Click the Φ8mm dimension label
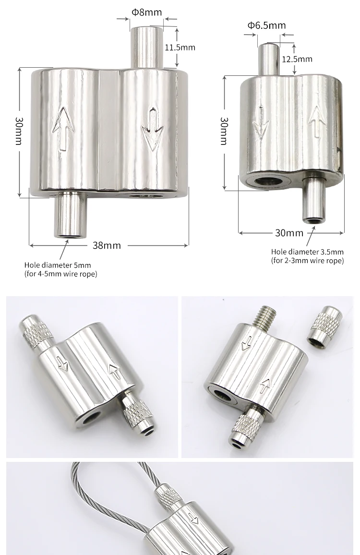(x=146, y=12)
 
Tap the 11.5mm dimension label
(x=180, y=48)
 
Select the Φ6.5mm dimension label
(x=266, y=25)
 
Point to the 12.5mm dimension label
(x=297, y=59)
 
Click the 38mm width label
(x=107, y=245)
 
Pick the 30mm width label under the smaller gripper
(x=289, y=233)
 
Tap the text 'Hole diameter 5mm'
(x=57, y=265)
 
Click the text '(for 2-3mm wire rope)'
(x=307, y=261)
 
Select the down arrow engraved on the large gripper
(x=153, y=129)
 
